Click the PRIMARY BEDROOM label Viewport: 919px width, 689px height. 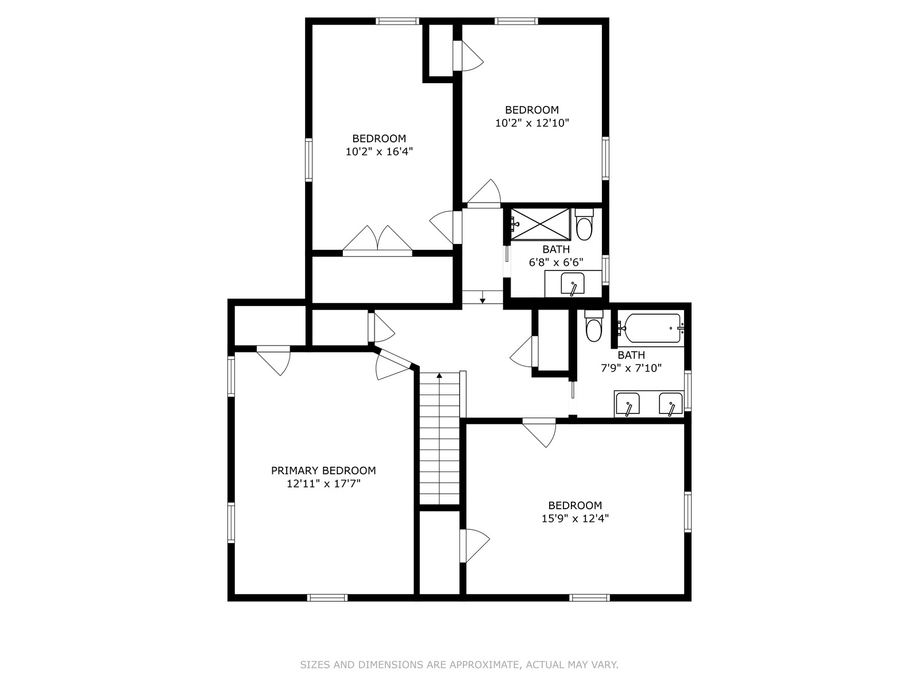pos(323,471)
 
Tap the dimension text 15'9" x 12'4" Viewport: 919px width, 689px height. pos(575,518)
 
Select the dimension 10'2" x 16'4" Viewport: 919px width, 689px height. pos(379,152)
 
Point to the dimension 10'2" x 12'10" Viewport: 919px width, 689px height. pos(532,123)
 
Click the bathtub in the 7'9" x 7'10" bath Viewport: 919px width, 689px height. pos(651,328)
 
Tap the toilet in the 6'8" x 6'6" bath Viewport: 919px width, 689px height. pos(585,224)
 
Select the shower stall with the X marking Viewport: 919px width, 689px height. pos(540,224)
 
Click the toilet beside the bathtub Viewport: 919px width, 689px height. pos(594,326)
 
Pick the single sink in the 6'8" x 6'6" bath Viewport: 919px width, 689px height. pos(572,284)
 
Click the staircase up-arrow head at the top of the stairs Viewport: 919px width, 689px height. pos(439,376)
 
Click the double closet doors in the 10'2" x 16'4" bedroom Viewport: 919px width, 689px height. pos(377,241)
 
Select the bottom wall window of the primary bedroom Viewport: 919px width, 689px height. pos(327,598)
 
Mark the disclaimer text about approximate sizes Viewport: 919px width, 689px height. pos(459,665)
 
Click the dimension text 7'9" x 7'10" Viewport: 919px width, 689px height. pos(631,368)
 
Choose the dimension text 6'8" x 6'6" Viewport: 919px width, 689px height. pos(556,262)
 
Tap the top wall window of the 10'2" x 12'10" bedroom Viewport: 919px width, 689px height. pos(516,21)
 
